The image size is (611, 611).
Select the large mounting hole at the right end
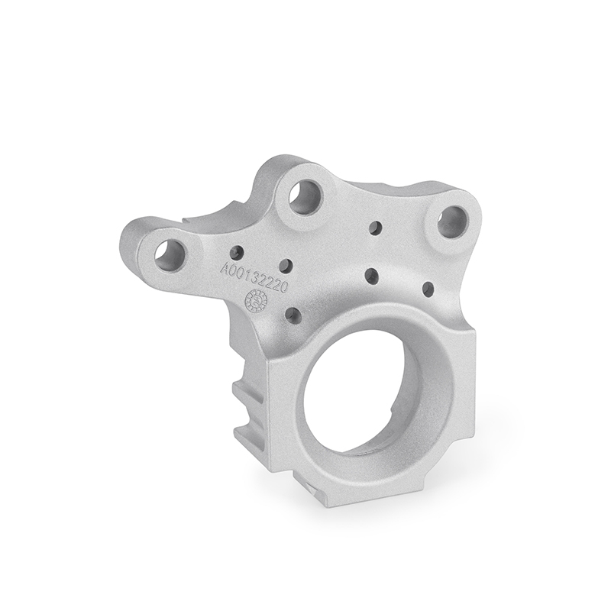(x=452, y=221)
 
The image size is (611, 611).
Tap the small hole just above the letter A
(x=238, y=250)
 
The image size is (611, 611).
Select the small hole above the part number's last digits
(x=286, y=265)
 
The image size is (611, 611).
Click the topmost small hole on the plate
(x=375, y=227)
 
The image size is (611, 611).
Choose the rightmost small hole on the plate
(x=428, y=289)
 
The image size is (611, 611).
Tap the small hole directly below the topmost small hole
(x=371, y=273)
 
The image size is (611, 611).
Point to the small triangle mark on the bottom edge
(x=308, y=483)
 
